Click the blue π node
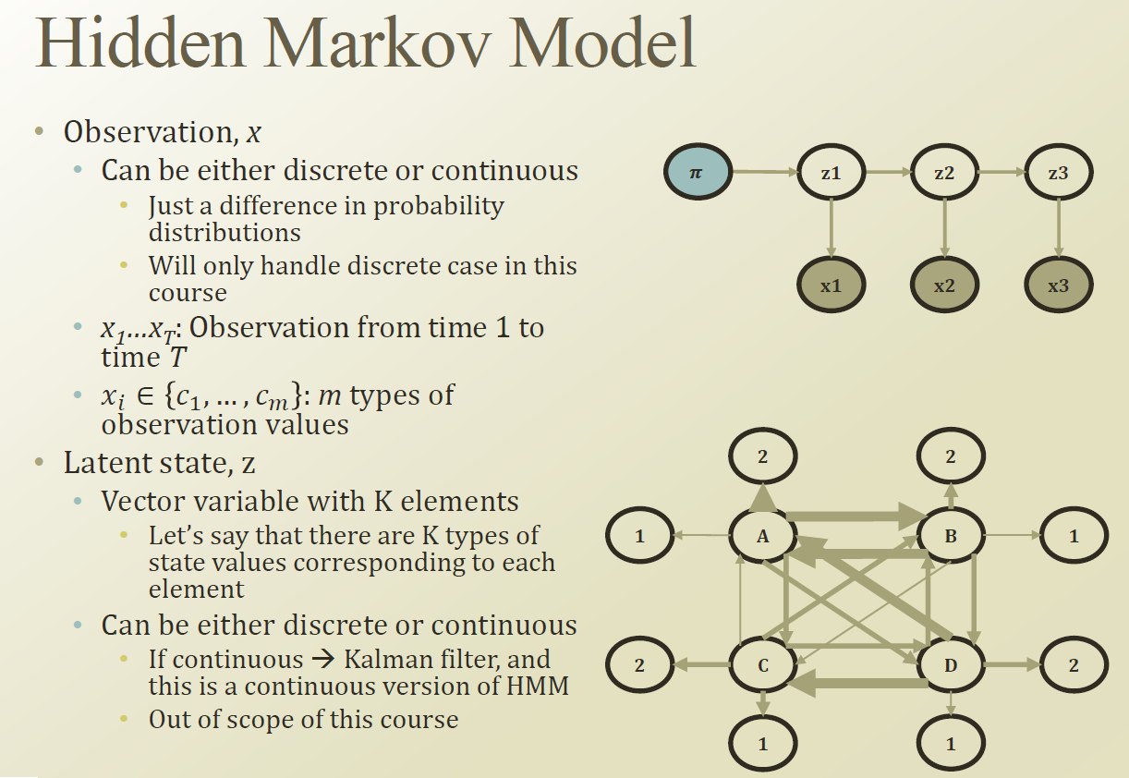tap(698, 173)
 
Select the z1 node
tap(831, 173)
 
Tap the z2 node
tap(944, 173)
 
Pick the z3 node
tap(1058, 173)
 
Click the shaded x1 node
tap(831, 286)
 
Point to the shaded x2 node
tap(944, 286)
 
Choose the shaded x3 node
tap(1058, 286)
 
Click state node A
tap(763, 535)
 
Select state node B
tap(951, 535)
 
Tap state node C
tap(763, 665)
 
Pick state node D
tap(951, 665)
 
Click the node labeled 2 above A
tap(763, 455)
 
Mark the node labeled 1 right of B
tap(1074, 535)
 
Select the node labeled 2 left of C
tap(640, 665)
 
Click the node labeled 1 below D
tap(951, 743)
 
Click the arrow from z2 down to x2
tap(944, 229)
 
